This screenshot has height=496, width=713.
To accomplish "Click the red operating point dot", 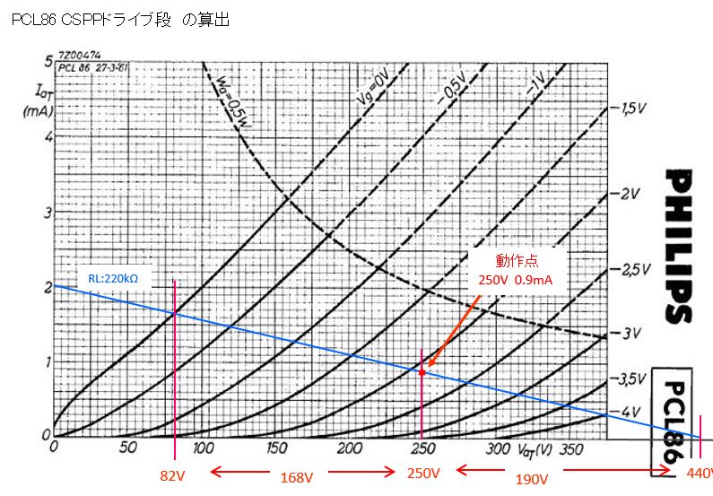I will coord(422,371).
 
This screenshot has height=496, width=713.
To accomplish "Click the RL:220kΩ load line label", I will coord(118,278).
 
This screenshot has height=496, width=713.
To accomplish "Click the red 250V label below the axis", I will coord(422,473).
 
